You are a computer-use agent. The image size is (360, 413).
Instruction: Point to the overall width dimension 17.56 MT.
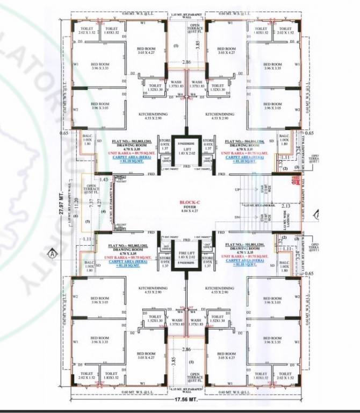tap(186, 401)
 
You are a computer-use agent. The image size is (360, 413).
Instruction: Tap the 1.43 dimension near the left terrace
tap(104, 179)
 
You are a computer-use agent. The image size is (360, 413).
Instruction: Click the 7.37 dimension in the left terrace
tap(92, 202)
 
